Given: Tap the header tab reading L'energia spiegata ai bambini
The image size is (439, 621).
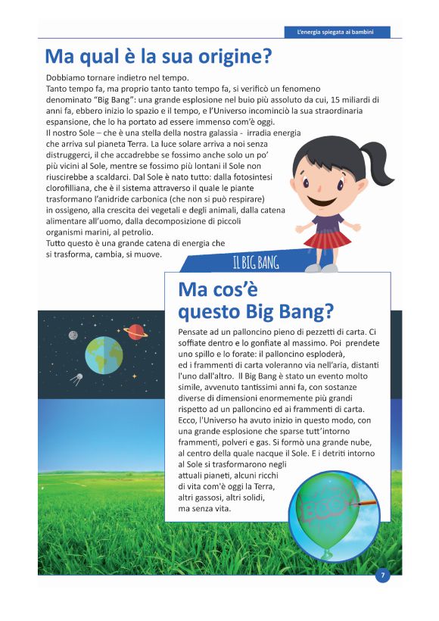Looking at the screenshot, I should click(x=338, y=32).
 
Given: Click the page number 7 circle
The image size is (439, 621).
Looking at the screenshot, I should click(x=383, y=576).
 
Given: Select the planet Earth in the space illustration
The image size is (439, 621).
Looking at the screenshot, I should click(x=104, y=354).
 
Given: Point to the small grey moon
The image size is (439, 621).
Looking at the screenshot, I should click(x=73, y=335).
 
